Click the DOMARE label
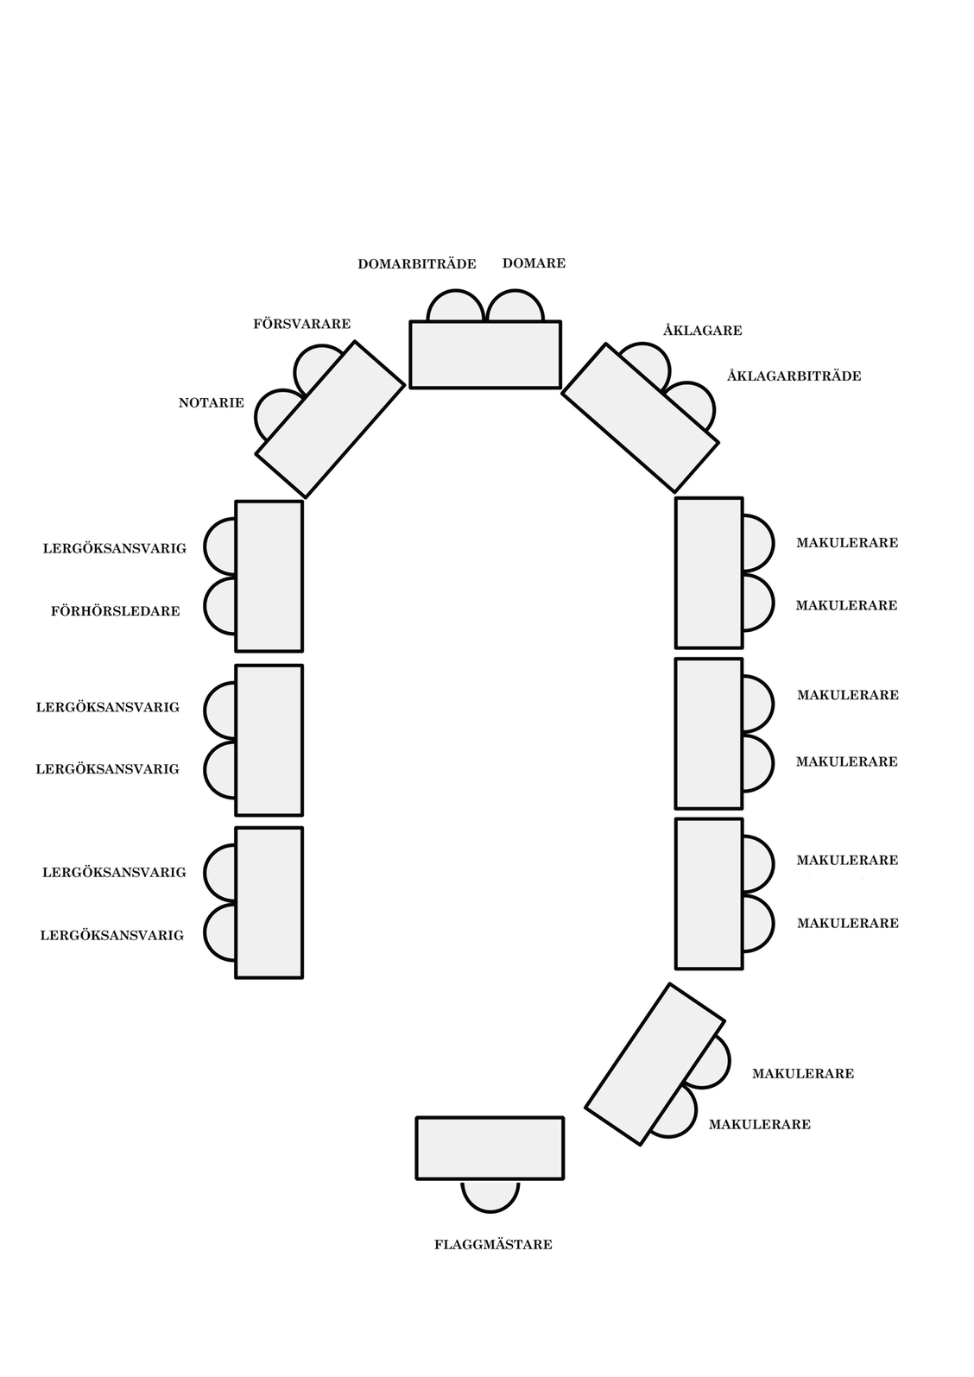534,263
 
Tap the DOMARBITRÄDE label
417,264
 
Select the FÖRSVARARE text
301,325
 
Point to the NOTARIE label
211,403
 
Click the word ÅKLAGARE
702,331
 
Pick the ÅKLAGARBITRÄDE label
794,376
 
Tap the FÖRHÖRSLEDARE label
115,611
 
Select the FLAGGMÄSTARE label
493,1245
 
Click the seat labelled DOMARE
515,308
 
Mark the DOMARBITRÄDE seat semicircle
455,308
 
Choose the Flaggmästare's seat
490,1194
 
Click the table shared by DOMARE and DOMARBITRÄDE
485,355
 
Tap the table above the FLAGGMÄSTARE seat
490,1148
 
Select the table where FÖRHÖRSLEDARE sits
269,576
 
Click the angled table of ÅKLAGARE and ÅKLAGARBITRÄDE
640,417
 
